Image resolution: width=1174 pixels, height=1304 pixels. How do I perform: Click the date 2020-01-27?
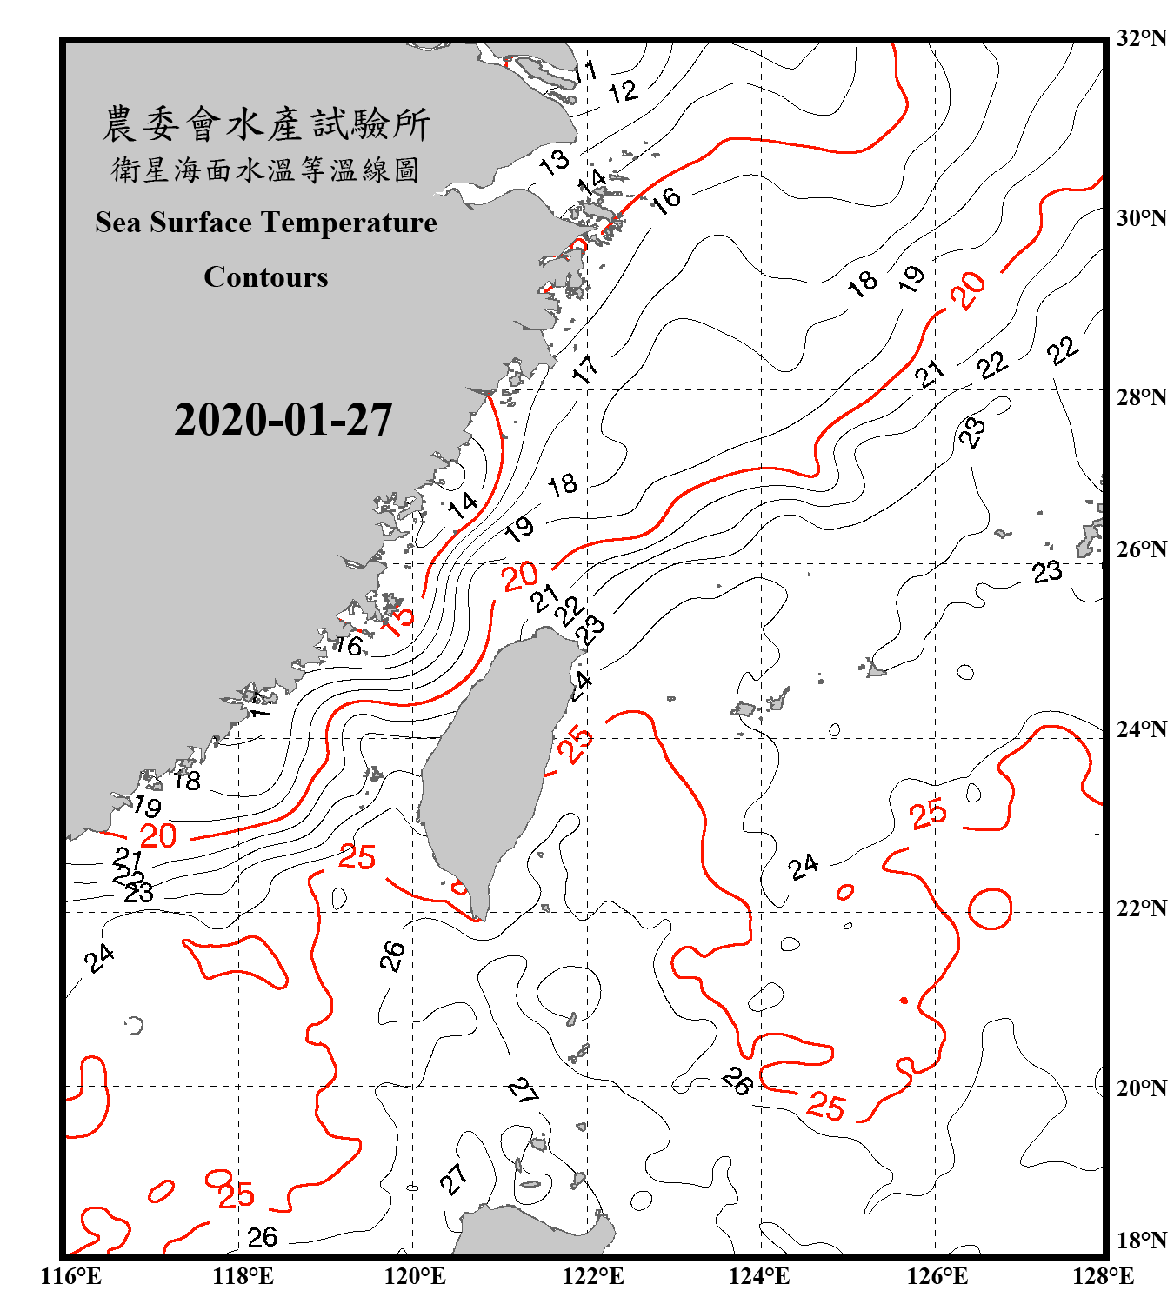283,420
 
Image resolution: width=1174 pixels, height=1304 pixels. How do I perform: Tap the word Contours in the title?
266,277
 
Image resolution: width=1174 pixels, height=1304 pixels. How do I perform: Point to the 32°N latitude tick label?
1142,38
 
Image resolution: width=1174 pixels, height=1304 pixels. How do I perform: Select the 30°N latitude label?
1142,217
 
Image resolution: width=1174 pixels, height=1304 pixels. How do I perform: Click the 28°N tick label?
1142,397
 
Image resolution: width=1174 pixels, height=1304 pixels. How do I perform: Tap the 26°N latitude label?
1142,549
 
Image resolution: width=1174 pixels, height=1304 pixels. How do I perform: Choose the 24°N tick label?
1142,729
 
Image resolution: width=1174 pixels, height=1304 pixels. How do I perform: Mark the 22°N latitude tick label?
1142,908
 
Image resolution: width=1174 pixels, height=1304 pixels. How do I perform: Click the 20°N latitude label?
1142,1088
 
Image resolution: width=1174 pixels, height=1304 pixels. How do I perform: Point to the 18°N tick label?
1142,1241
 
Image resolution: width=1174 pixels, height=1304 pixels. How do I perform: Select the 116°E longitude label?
71,1276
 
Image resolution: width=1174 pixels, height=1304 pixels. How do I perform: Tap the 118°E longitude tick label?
243,1276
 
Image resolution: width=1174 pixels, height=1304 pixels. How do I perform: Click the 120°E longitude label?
415,1276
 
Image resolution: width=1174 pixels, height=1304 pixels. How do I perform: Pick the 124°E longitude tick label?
759,1276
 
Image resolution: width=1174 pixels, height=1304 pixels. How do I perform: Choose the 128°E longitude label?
1103,1276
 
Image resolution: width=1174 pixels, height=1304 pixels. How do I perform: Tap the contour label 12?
623,91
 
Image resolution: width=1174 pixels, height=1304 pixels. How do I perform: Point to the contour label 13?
554,161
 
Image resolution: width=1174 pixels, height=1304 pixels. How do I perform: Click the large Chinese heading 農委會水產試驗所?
266,123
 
